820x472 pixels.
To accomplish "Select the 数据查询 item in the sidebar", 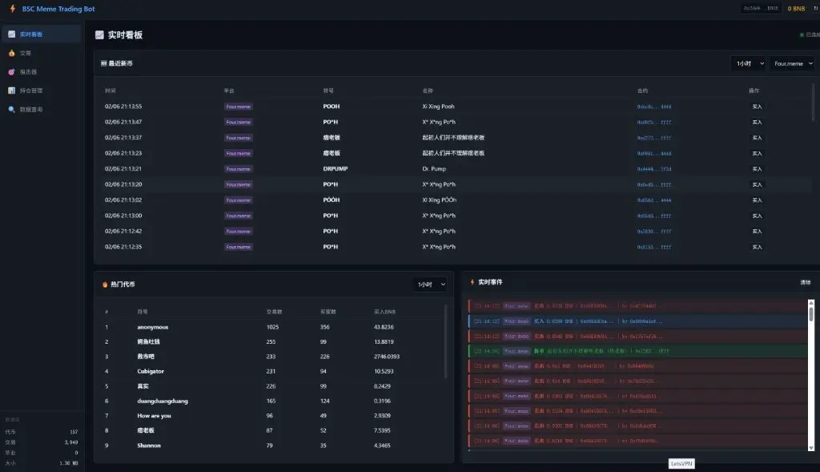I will (31, 109).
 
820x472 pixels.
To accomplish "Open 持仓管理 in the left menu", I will (31, 91).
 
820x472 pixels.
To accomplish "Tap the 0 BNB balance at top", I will (796, 8).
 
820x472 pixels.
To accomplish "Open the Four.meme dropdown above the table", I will (792, 63).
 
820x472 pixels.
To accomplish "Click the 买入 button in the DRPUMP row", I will (756, 169).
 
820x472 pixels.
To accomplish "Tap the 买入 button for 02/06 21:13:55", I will (756, 107).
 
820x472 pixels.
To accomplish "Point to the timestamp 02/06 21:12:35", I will (123, 247).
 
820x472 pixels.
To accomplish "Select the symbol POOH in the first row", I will (332, 107).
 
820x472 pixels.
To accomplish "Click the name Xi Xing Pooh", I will (438, 107).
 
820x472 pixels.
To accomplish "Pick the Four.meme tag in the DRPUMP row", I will (238, 169).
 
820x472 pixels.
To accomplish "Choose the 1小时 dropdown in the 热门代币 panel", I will (430, 284).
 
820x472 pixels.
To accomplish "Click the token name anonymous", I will (153, 327).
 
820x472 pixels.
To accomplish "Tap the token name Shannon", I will (149, 446).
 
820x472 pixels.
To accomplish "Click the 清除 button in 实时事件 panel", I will (805, 282).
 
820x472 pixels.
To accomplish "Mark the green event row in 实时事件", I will (637, 351).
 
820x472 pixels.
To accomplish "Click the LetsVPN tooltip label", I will (681, 464).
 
